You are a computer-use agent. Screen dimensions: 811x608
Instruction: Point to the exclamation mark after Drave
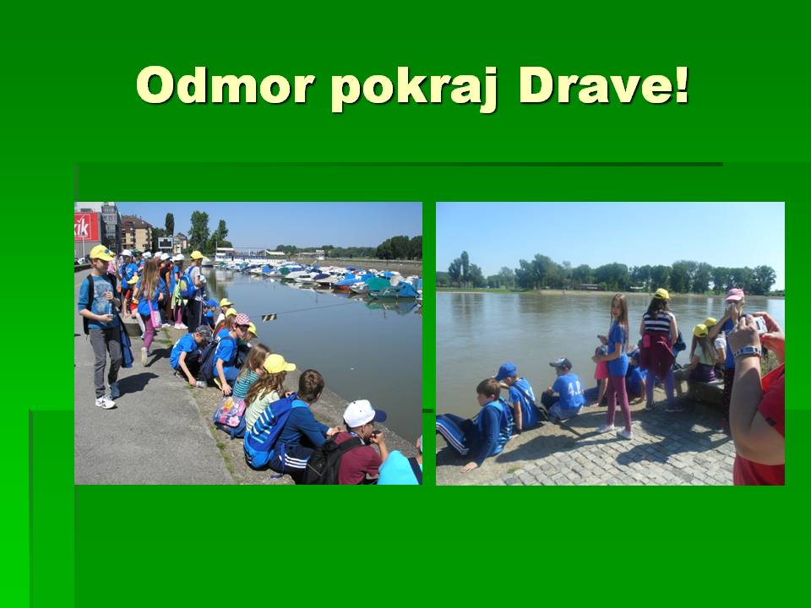[681, 84]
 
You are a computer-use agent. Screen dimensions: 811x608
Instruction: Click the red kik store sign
[86, 226]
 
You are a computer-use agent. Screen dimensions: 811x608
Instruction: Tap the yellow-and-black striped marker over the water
[269, 317]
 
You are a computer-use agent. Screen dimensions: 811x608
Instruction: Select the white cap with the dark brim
[363, 413]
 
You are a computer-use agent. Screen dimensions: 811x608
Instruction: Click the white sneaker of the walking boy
[106, 402]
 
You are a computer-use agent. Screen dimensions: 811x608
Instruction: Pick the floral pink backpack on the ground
[229, 411]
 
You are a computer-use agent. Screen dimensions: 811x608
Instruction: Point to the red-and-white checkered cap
[242, 319]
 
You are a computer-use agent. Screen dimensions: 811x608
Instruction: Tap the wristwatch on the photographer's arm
[748, 352]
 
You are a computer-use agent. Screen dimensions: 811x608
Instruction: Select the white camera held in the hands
[759, 323]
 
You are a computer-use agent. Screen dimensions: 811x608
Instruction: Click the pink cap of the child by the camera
[734, 295]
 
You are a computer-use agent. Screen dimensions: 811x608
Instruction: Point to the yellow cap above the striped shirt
[661, 294]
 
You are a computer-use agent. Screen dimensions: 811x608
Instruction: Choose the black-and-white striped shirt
[658, 323]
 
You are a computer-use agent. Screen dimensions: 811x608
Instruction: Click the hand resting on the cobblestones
[470, 467]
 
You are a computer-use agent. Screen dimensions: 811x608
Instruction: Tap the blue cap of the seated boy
[506, 371]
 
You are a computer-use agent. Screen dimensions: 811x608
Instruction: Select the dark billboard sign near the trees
[166, 243]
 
